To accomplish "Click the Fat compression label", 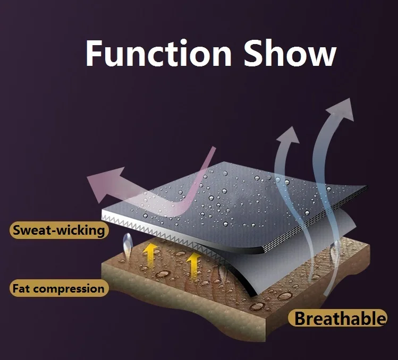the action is pos(58,289).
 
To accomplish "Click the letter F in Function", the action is pos(95,53).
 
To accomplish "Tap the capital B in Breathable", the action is pos(302,319).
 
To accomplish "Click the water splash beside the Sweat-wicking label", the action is pos(127,245).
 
